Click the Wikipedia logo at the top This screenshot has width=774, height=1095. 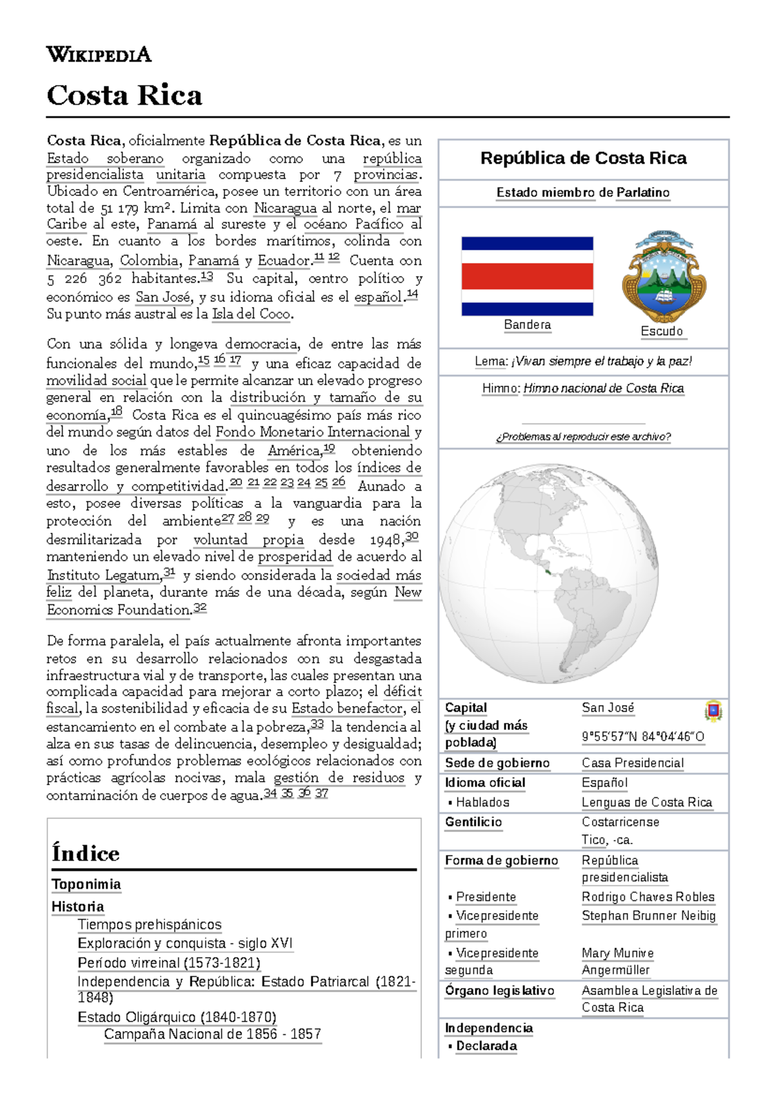99,54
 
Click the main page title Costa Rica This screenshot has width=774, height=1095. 124,95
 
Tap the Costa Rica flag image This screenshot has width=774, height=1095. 527,276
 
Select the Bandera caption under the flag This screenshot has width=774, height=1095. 527,324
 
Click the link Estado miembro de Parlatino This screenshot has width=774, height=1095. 582,192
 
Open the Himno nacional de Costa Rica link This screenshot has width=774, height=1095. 603,388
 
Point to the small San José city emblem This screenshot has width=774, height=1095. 713,711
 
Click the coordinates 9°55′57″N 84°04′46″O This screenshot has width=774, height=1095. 643,736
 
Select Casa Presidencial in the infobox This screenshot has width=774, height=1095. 632,763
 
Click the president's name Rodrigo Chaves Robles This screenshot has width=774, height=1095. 648,896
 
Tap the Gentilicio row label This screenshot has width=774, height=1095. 473,822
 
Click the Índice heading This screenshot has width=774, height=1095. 86,853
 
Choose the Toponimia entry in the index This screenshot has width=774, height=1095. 86,884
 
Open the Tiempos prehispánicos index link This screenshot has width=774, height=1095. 150,924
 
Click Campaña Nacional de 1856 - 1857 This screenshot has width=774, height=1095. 212,1034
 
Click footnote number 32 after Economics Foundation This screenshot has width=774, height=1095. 200,607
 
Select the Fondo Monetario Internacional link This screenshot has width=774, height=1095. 313,431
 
